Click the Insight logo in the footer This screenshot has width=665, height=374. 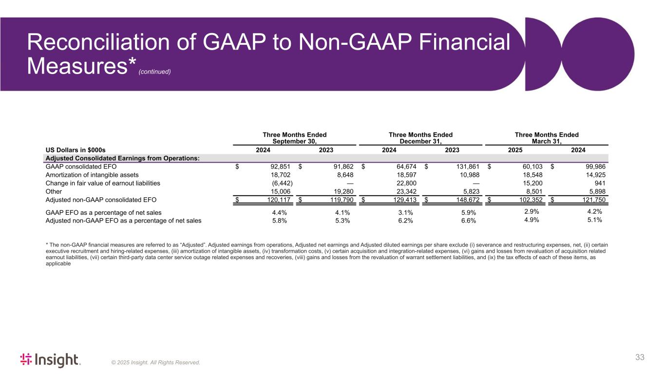50,360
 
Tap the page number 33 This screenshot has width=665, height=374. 640,357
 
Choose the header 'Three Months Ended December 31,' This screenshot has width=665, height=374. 420,138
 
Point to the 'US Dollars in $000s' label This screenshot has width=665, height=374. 75,150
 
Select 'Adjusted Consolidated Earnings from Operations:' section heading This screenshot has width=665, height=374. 122,158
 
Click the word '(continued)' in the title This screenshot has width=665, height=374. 155,72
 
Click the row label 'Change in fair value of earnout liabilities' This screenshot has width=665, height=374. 103,183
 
